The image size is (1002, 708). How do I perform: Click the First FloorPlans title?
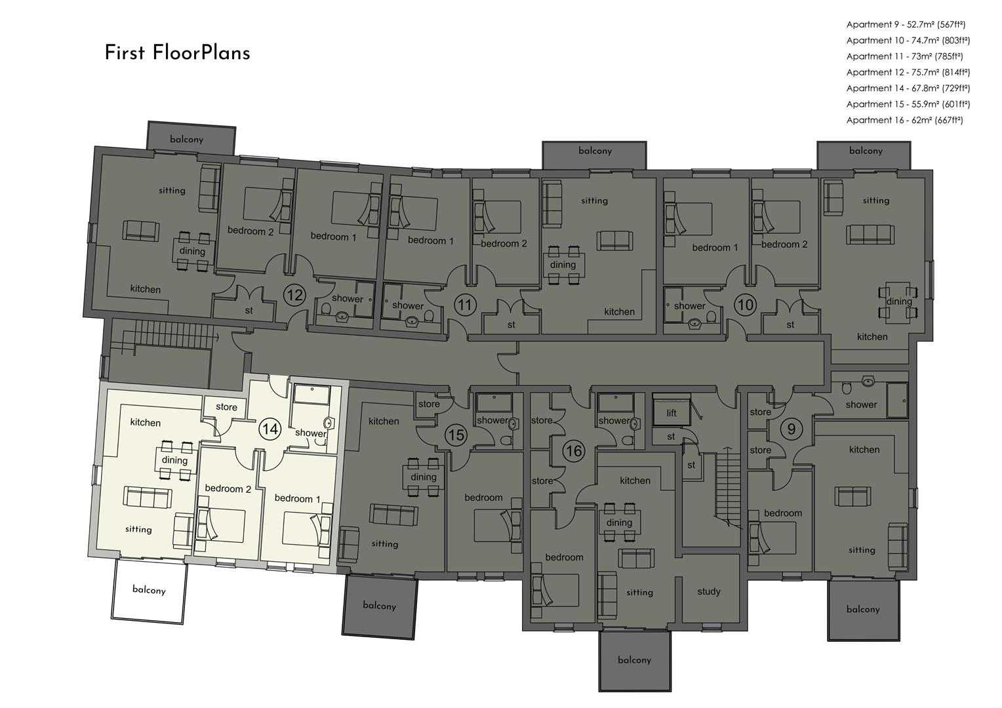tap(177, 53)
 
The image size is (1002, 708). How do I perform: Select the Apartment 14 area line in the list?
tap(908, 88)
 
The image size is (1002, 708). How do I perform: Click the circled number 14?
tap(270, 429)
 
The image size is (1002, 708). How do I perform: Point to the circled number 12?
tap(295, 295)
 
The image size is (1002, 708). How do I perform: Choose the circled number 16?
tap(574, 451)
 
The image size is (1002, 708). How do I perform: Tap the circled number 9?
tap(792, 429)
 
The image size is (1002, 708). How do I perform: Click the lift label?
tap(671, 413)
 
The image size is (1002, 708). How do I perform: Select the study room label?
tap(709, 591)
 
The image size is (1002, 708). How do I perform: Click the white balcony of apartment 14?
tap(149, 591)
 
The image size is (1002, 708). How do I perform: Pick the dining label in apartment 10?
tap(899, 302)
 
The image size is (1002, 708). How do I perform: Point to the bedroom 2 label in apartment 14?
tap(228, 488)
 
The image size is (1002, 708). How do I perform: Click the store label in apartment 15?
tap(429, 404)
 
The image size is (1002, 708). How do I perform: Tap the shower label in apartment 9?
tap(861, 404)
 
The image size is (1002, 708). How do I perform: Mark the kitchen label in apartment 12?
tap(146, 289)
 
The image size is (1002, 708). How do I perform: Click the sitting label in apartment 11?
tap(595, 201)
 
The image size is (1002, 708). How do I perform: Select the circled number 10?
tap(745, 305)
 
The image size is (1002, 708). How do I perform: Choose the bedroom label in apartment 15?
tap(483, 498)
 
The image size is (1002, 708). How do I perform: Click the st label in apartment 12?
tap(249, 310)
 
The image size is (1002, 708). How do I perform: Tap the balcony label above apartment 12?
tap(186, 139)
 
